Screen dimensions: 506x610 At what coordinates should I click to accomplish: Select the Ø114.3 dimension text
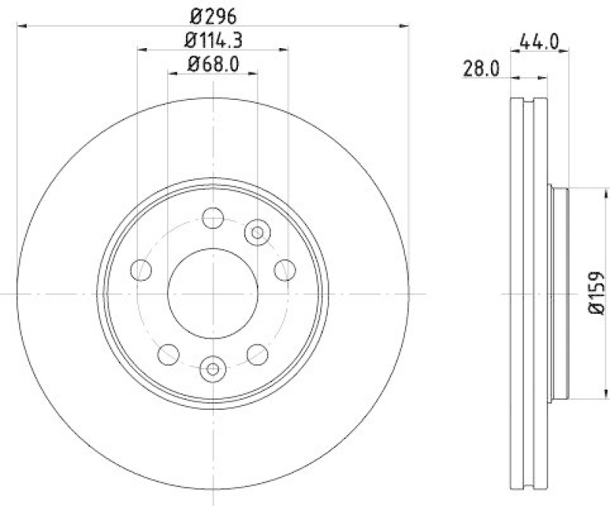click(x=213, y=40)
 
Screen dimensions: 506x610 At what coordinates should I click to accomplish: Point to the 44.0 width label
click(x=538, y=40)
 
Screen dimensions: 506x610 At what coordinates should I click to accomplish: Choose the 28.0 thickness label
click(x=480, y=69)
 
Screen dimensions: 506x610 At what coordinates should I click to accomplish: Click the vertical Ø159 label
click(x=597, y=295)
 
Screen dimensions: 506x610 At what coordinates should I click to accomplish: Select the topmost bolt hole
click(x=213, y=218)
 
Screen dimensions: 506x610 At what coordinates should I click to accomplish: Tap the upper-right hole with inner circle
click(x=257, y=231)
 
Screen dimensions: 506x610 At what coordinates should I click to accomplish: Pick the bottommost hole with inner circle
click(x=213, y=369)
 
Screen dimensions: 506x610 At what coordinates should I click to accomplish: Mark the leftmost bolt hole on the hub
click(x=141, y=269)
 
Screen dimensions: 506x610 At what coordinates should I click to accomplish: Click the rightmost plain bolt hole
click(x=284, y=269)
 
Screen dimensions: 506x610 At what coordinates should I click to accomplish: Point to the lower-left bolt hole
click(x=169, y=354)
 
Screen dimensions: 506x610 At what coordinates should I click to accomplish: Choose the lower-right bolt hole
click(x=258, y=354)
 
